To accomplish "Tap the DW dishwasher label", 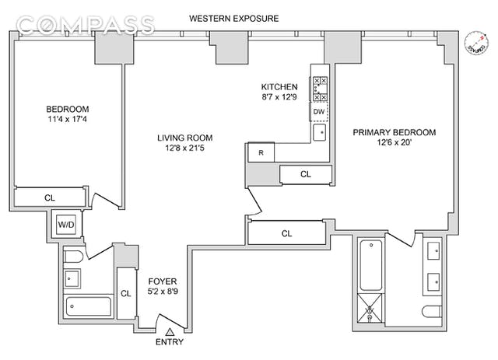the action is tap(318, 112).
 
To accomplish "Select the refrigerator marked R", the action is tap(261, 152).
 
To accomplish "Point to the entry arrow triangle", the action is tap(170, 331).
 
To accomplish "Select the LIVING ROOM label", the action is tap(178, 135).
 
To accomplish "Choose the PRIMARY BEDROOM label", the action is tap(395, 133).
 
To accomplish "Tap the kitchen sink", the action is tap(318, 133).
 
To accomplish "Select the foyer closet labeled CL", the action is tap(125, 293).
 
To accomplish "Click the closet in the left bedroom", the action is tap(49, 198).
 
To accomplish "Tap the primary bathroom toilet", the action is tap(430, 313).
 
